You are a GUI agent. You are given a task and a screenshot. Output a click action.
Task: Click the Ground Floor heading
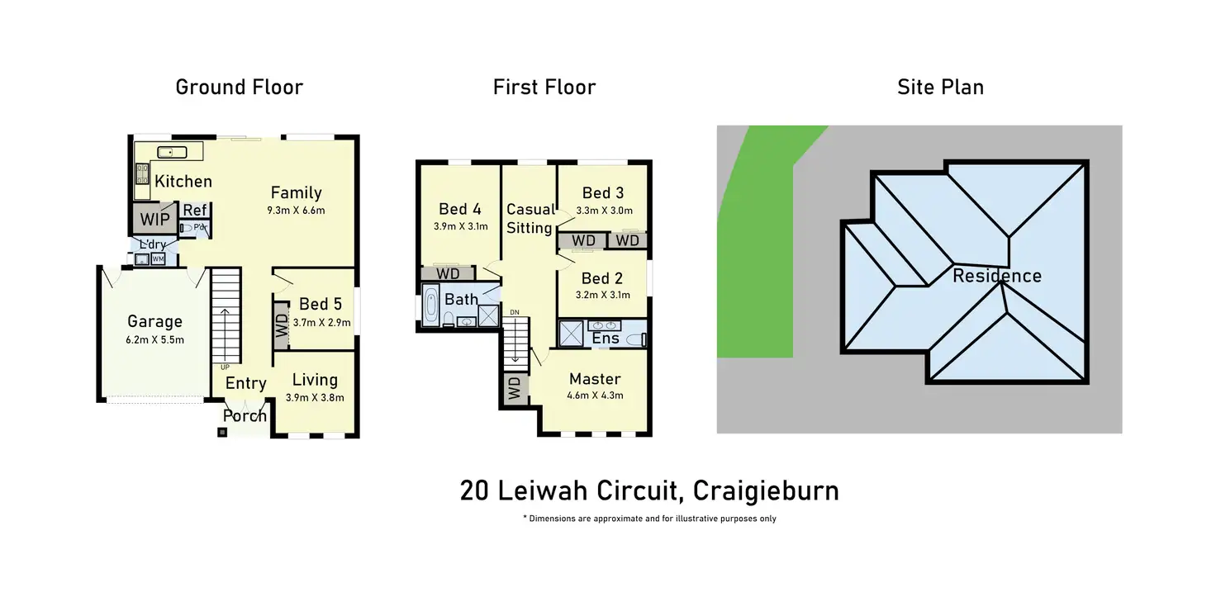click(239, 87)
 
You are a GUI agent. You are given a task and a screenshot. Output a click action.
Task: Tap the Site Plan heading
click(940, 87)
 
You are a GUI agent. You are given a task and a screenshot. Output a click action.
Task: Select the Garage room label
click(154, 322)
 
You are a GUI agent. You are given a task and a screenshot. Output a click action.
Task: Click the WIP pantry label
click(154, 220)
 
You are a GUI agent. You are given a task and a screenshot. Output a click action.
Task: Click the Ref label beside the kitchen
click(194, 211)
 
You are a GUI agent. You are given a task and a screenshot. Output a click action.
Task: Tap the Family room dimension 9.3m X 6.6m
click(296, 210)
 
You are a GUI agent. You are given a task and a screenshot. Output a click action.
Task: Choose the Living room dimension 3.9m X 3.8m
click(315, 397)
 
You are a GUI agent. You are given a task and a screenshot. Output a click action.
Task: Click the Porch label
click(245, 415)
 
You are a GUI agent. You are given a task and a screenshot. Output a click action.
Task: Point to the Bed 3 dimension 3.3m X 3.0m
click(603, 210)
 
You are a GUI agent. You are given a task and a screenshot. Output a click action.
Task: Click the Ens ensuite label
click(606, 339)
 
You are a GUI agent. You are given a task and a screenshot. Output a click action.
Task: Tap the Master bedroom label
click(595, 379)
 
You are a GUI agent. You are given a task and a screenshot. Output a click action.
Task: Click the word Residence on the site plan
click(996, 276)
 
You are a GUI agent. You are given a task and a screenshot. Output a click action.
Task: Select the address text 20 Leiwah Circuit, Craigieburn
click(649, 490)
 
